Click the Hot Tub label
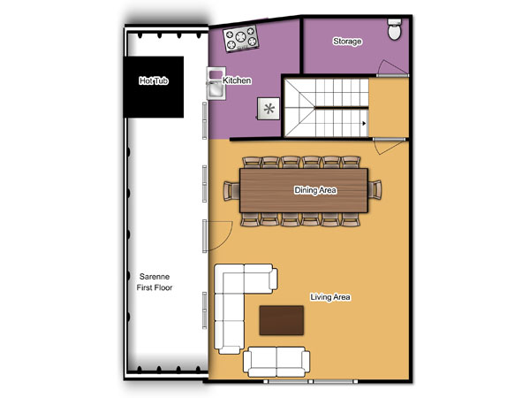pyautogui.click(x=154, y=80)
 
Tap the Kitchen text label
pyautogui.click(x=237, y=80)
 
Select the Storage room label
pyautogui.click(x=347, y=42)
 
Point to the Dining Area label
pyautogui.click(x=315, y=190)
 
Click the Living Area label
pyautogui.click(x=330, y=297)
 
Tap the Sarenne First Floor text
pyautogui.click(x=155, y=282)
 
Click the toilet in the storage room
pyautogui.click(x=395, y=29)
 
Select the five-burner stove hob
pyautogui.click(x=241, y=39)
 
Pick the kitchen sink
pyautogui.click(x=216, y=83)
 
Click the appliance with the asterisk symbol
pyautogui.click(x=269, y=109)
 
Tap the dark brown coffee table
pyautogui.click(x=281, y=320)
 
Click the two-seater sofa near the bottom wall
pyautogui.click(x=276, y=362)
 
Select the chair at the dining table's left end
pyautogui.click(x=231, y=190)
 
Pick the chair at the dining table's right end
pyautogui.click(x=375, y=190)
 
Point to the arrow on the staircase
pyautogui.click(x=364, y=123)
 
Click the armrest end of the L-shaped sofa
pyautogui.click(x=274, y=279)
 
